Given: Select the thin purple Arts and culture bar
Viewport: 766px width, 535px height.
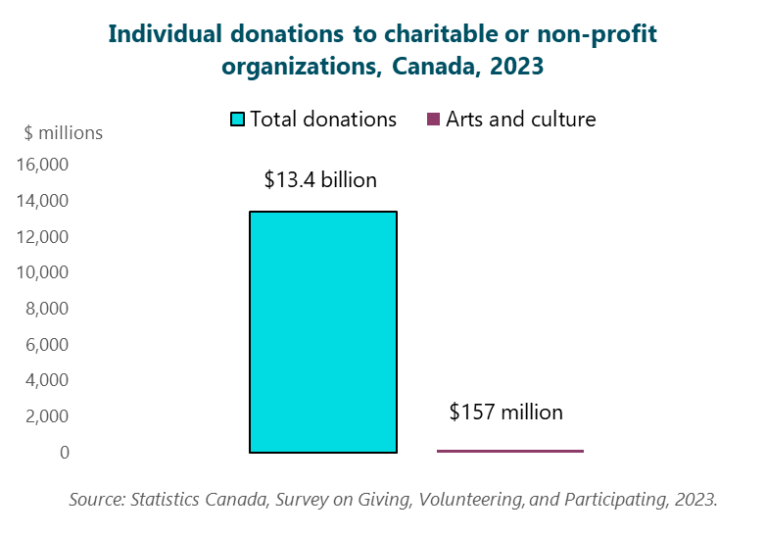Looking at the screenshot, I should [x=509, y=451].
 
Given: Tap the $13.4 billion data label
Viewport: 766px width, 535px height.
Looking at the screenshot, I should [x=320, y=180].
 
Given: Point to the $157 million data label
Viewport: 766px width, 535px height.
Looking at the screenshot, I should [x=505, y=413].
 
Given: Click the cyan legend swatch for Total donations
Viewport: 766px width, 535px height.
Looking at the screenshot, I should [x=237, y=120].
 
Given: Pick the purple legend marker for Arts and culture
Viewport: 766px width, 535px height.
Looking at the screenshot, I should [x=432, y=120].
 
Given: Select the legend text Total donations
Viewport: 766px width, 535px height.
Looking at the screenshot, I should [x=323, y=120].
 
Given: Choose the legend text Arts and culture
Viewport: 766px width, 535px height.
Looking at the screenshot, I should [x=520, y=120].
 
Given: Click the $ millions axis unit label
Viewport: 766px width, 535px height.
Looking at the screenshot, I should [x=63, y=132].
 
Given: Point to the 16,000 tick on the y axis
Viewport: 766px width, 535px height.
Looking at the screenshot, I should [x=42, y=165].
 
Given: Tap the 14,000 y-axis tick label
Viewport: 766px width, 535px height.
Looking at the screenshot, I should [x=42, y=201].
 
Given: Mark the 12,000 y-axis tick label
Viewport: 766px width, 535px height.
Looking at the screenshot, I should [x=42, y=237].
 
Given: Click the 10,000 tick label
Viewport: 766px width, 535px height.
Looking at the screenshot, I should [x=42, y=272].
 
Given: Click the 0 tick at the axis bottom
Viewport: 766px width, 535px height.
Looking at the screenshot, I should [x=64, y=453].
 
